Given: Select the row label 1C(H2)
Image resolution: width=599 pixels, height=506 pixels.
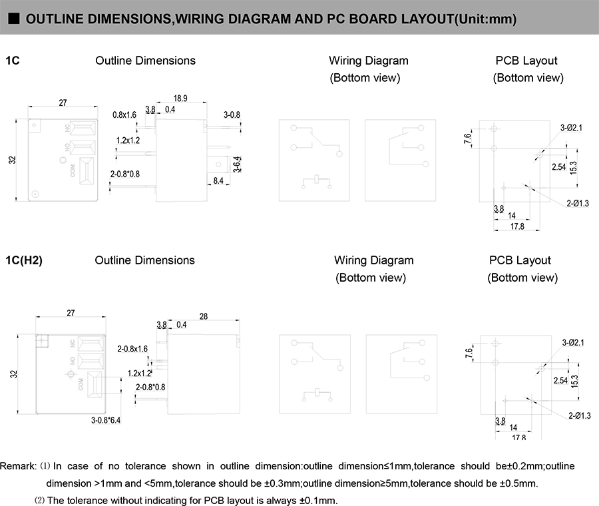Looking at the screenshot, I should pyautogui.click(x=24, y=260).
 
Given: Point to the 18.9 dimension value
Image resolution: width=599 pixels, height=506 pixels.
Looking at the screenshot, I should pyautogui.click(x=180, y=99).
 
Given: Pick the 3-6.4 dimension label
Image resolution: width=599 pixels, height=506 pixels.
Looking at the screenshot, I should pyautogui.click(x=238, y=163).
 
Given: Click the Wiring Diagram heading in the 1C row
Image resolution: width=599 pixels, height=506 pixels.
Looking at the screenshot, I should pyautogui.click(x=369, y=61).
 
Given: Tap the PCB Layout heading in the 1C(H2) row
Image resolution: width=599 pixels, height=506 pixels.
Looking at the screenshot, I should pyautogui.click(x=520, y=260).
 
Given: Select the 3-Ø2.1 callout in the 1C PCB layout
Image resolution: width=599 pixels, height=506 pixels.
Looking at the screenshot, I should pyautogui.click(x=571, y=128).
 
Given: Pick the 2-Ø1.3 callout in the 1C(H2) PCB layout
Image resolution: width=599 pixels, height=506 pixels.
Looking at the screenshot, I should pyautogui.click(x=579, y=415).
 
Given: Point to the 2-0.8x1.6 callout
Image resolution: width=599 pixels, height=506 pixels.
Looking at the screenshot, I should pyautogui.click(x=132, y=348).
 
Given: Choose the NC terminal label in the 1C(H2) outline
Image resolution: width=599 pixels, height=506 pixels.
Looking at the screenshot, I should pyautogui.click(x=72, y=344).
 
